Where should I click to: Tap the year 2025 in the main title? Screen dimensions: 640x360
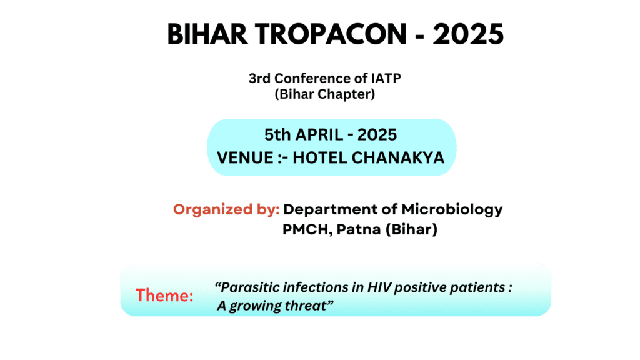(468, 34)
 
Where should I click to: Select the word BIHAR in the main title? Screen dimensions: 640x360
(207, 34)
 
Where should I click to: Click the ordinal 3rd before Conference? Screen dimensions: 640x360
(260, 78)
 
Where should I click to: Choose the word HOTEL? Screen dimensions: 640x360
(319, 157)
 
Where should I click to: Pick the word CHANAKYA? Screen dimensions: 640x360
(398, 157)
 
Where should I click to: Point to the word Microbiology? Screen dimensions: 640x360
(452, 210)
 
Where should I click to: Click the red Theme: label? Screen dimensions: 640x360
(164, 295)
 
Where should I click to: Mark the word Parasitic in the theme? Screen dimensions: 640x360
(249, 287)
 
